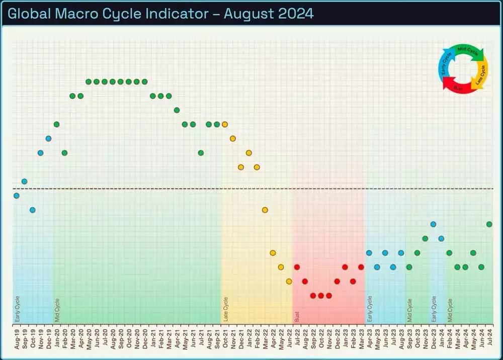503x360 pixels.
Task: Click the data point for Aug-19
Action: [x=17, y=196]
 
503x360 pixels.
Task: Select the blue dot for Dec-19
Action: [x=49, y=138]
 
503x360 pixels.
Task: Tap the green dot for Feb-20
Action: [x=64, y=153]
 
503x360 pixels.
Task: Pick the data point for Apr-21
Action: [x=177, y=110]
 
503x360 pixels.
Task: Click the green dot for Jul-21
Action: [x=201, y=153]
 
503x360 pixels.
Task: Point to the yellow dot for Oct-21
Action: [x=225, y=124]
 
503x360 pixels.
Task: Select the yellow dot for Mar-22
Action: [x=265, y=210]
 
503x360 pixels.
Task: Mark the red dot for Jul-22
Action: [x=297, y=267]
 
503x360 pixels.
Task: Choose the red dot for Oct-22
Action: [x=321, y=296]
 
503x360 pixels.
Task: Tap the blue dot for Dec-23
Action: [x=433, y=224]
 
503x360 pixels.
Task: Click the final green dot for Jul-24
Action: [x=489, y=224]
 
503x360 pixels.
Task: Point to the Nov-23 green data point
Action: [x=425, y=238]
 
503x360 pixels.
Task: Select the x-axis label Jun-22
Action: [x=289, y=337]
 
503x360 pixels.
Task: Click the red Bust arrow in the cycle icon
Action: [x=457, y=86]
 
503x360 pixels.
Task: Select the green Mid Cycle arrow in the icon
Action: [x=470, y=51]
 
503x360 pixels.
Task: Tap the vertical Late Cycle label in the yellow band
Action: [x=225, y=309]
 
